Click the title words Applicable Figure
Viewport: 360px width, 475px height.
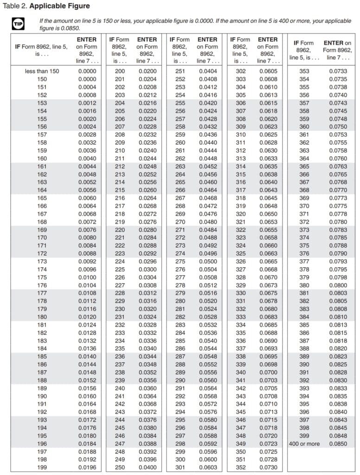[x=60, y=6]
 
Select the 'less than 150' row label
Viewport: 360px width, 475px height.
[x=42, y=71]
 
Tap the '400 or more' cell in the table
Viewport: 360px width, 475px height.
[x=304, y=443]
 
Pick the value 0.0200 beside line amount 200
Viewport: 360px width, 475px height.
[x=147, y=71]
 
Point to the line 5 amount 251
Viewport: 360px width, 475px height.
[x=180, y=71]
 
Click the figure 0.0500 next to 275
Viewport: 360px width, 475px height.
[x=208, y=261]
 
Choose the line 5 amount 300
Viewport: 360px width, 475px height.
[x=180, y=459]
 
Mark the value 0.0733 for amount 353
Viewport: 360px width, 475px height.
[x=338, y=71]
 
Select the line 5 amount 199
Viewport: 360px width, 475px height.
[x=42, y=467]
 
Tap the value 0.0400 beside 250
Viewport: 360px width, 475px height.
[x=147, y=467]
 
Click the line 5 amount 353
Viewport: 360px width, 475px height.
[x=304, y=71]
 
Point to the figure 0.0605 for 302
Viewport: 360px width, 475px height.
[x=268, y=71]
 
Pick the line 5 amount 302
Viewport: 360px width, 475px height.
[x=241, y=71]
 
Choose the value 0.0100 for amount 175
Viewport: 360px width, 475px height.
[x=87, y=277]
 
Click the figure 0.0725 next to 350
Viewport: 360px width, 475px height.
[x=268, y=451]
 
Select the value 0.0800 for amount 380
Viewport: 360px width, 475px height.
[x=338, y=285]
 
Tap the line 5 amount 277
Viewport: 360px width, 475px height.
[x=180, y=277]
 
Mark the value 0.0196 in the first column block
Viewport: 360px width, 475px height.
[x=87, y=467]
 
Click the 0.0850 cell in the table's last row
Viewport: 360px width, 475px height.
[x=338, y=443]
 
